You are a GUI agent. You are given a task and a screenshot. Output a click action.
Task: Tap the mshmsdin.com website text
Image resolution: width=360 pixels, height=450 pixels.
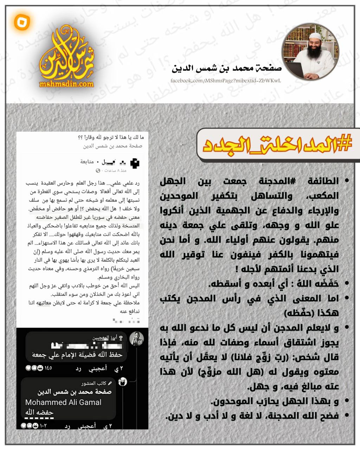coord(67,84)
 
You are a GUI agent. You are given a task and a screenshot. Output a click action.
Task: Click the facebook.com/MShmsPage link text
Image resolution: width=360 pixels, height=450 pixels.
coord(225,81)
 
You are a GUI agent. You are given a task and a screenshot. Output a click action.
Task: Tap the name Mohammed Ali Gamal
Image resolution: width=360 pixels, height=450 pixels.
coord(63,402)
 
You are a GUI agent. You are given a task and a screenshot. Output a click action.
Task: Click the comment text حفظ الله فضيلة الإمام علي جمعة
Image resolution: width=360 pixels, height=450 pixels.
coord(77,355)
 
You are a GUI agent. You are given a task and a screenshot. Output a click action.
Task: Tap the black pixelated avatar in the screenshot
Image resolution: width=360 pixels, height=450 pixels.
coord(135,163)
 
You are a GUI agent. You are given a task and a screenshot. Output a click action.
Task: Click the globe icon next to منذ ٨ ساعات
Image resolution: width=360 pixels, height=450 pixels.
coord(98,171)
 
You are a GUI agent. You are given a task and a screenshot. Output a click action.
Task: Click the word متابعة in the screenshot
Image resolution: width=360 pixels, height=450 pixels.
coord(87,162)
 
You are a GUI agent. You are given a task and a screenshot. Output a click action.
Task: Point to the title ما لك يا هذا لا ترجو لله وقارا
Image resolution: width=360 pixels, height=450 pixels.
coord(110,137)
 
